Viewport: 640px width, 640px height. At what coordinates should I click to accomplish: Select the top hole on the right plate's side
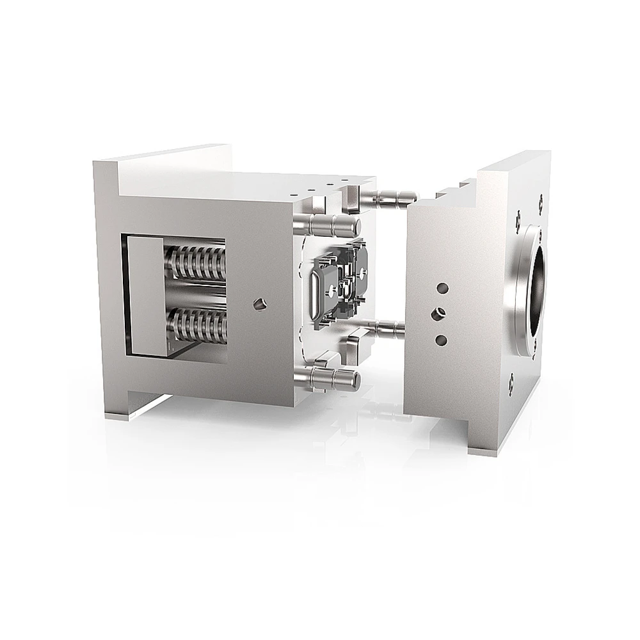[441, 289]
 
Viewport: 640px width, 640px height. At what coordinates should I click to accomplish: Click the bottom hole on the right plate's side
[441, 339]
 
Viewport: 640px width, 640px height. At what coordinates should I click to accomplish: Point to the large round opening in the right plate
[536, 287]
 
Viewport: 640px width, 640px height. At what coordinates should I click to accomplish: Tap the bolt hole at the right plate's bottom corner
[512, 383]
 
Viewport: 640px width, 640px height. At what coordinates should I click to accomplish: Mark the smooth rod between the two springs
[198, 294]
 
